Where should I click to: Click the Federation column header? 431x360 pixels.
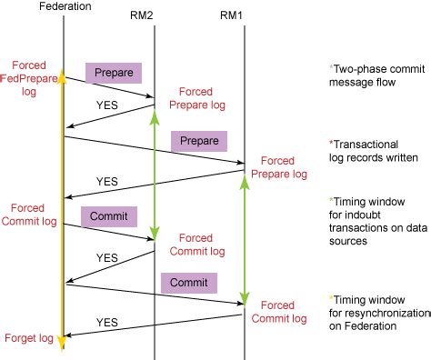[x=64, y=6]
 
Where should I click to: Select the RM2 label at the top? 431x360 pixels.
[x=155, y=15]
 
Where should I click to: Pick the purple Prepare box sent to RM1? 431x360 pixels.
[x=198, y=142]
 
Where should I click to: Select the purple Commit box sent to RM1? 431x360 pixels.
[x=188, y=282]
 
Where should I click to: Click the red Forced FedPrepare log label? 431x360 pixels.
[x=29, y=78]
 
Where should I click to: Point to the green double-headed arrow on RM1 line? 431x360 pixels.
[x=244, y=241]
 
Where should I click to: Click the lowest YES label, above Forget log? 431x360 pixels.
[x=106, y=323]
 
